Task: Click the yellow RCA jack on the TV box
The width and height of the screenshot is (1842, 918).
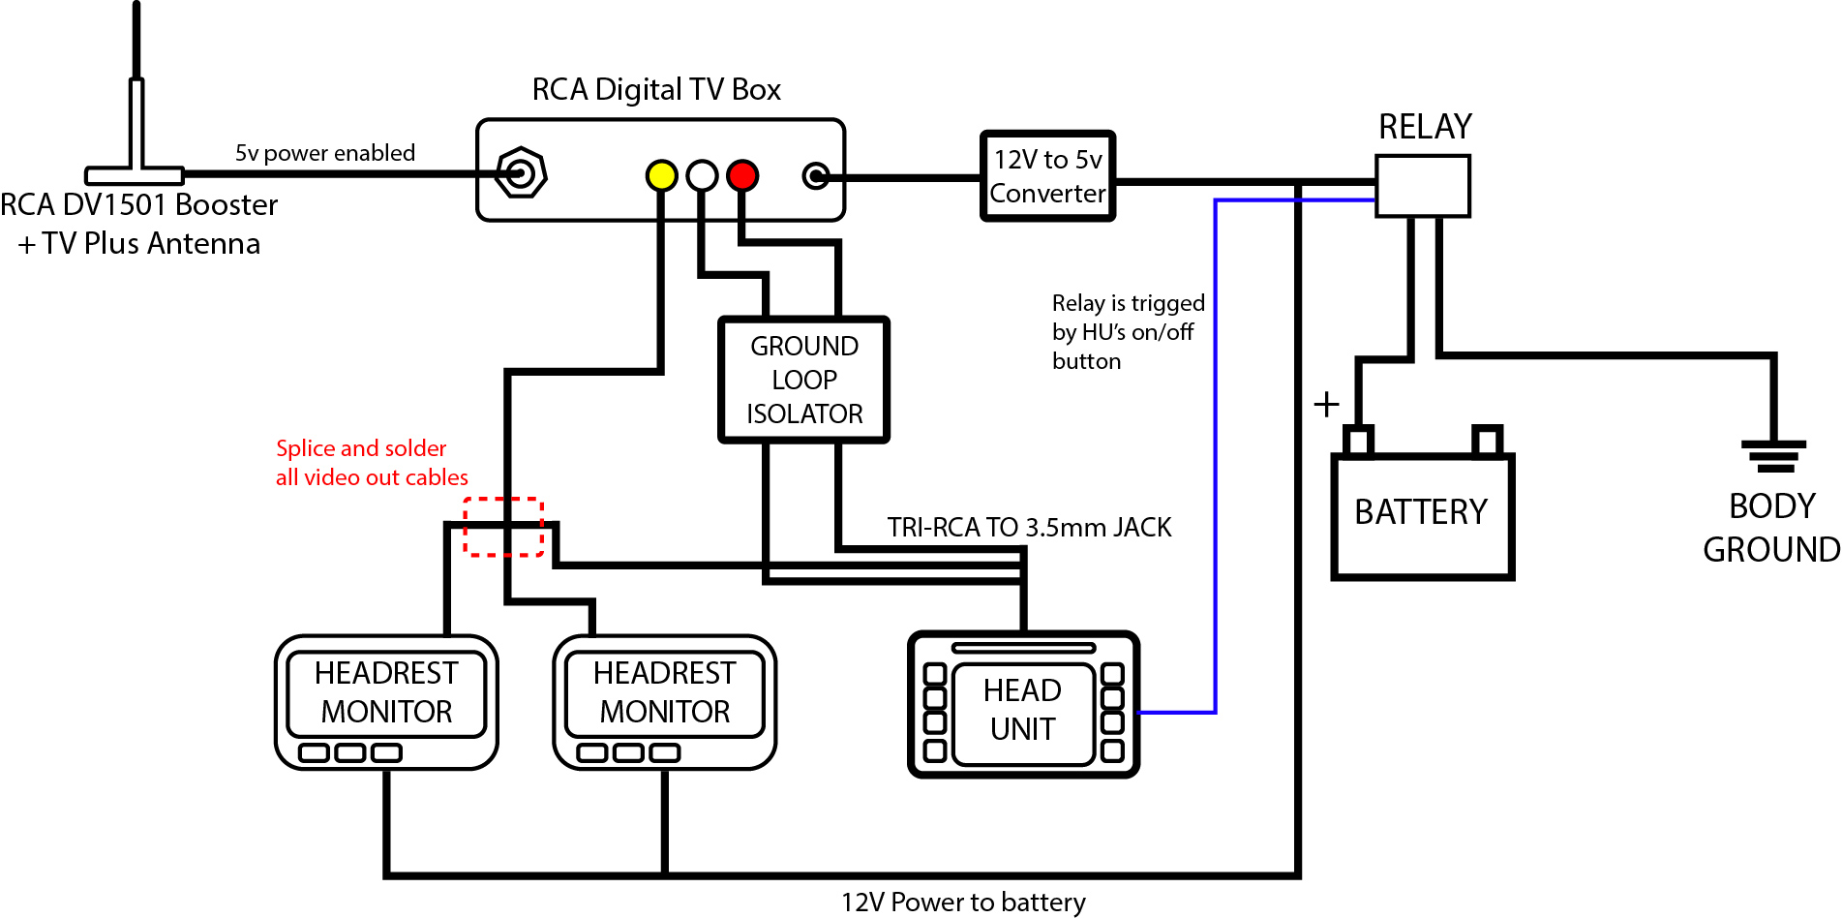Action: point(661,175)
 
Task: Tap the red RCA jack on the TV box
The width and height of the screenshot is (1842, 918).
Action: point(742,175)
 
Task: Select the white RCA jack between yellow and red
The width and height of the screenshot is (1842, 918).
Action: point(702,175)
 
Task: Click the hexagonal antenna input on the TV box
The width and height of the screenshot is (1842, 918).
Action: point(521,174)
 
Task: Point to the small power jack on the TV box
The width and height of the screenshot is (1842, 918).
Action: point(817,176)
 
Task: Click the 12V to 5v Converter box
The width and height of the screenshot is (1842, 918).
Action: point(1047,176)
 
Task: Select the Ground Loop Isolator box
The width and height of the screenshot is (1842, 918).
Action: point(803,380)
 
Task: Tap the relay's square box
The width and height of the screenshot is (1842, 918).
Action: point(1423,185)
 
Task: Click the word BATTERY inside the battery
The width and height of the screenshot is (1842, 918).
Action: point(1420,511)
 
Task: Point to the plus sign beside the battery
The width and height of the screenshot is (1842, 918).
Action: point(1326,404)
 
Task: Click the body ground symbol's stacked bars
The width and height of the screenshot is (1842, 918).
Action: point(1773,456)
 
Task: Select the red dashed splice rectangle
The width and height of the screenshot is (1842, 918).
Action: point(502,527)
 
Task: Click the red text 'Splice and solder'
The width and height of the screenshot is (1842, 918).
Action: point(361,448)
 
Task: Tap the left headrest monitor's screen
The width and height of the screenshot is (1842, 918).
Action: point(386,693)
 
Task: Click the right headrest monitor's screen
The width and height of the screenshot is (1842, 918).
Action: point(664,693)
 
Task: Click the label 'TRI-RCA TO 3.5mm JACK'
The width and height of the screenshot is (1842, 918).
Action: point(1029,528)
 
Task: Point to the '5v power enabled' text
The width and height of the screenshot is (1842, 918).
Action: point(324,153)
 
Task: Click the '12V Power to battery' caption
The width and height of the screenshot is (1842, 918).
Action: point(962,903)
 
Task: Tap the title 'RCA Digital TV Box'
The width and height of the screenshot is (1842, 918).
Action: point(656,90)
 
